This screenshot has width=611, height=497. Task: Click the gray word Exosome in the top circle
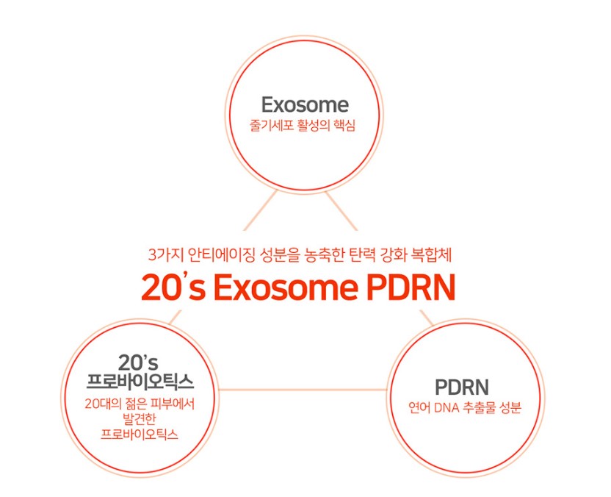[x=304, y=104]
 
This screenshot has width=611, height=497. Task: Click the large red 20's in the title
[x=173, y=288]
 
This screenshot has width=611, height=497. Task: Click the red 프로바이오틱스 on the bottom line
[x=140, y=434]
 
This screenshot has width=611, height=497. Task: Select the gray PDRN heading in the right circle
[x=462, y=387]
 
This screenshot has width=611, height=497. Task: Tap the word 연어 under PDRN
[x=419, y=407]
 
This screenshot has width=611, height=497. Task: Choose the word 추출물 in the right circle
[x=481, y=407]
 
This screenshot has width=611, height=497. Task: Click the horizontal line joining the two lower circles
[x=303, y=389]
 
